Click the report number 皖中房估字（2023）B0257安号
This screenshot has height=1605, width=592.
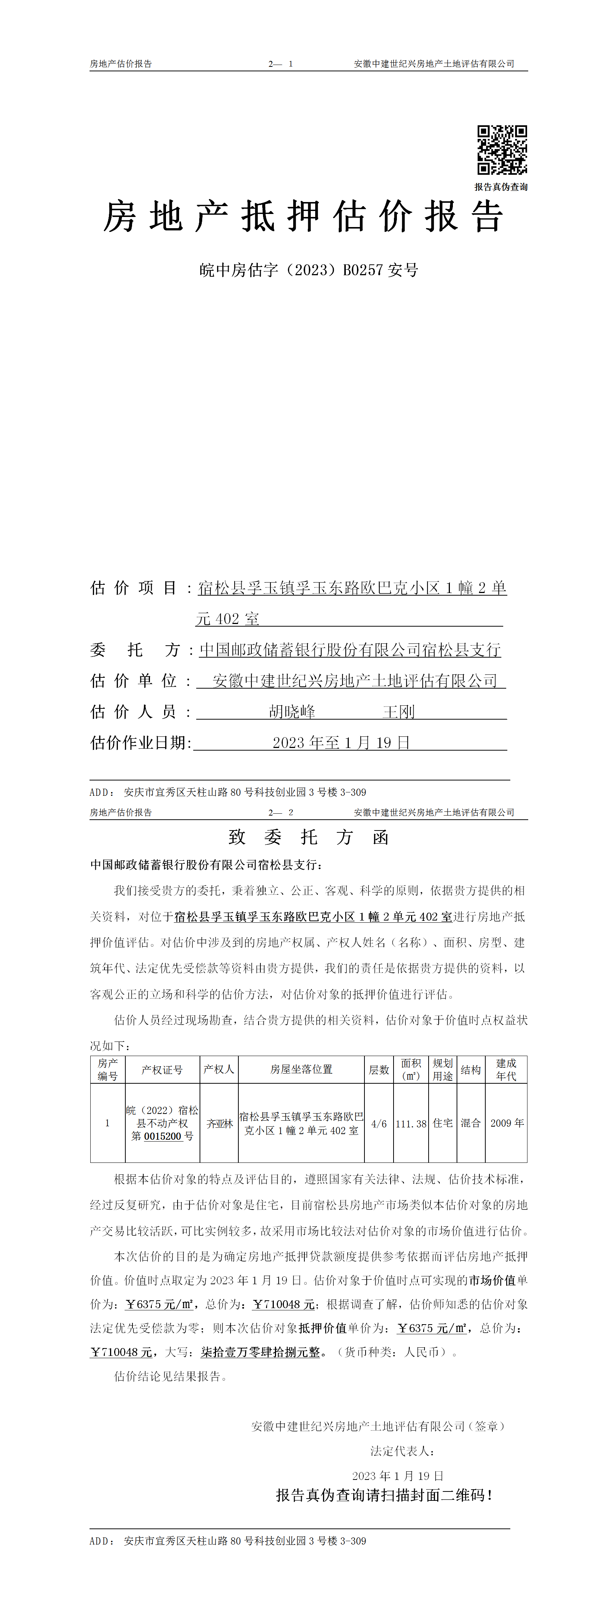coord(309,270)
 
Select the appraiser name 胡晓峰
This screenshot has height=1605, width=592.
coord(292,711)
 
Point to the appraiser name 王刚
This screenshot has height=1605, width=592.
coord(398,711)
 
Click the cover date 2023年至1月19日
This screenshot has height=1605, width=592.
coord(341,743)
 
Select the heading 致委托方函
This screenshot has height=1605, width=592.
coord(309,837)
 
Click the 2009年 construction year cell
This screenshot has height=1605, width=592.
coord(507,1123)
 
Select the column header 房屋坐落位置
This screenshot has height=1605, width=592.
coord(301,1069)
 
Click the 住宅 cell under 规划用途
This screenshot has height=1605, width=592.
coord(442,1123)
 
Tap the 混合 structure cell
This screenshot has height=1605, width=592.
coord(471,1123)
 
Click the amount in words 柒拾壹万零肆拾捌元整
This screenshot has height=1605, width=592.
coord(260,1353)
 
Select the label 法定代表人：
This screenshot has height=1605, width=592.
coord(402,1451)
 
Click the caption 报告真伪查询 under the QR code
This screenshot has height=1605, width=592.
coord(501,187)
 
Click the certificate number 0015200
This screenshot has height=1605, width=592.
coord(163,1136)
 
